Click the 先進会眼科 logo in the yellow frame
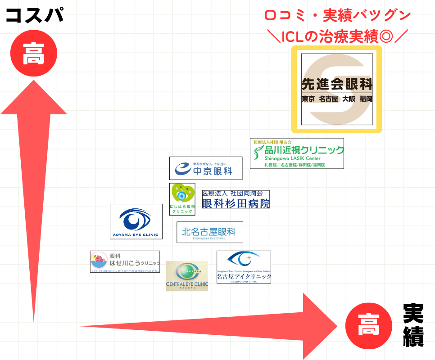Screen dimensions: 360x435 click(337, 89)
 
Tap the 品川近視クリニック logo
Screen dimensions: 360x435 click(297, 153)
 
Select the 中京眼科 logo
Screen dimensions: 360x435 click(206, 168)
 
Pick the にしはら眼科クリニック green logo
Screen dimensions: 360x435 click(182, 199)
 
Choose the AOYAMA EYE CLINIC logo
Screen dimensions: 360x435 click(136, 221)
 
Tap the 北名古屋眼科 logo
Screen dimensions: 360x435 click(209, 232)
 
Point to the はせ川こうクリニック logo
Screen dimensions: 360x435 click(125, 261)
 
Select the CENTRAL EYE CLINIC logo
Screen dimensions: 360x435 click(187, 276)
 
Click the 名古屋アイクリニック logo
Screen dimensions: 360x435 click(244, 267)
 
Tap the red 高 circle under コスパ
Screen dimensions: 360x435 click(34, 53)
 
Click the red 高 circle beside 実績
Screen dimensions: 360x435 click(368, 325)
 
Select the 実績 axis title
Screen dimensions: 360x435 click(413, 325)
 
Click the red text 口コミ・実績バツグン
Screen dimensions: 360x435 click(337, 15)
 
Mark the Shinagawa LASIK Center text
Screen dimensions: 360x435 click(292, 159)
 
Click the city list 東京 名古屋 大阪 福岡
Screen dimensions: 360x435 click(337, 99)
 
